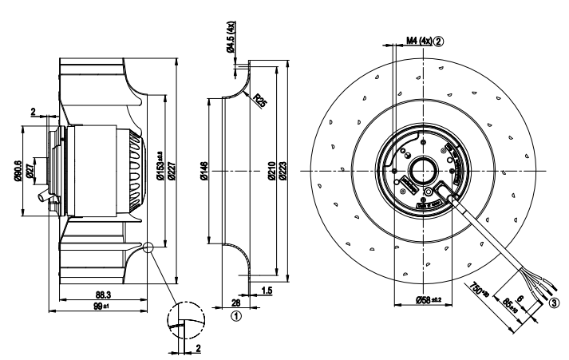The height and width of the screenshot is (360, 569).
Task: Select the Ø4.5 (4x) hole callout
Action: [x=231, y=38]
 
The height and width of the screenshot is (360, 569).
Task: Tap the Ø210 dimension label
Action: [x=271, y=172]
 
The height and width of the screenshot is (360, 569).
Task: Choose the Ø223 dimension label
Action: [x=283, y=172]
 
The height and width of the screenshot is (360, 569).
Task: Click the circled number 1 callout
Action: [x=237, y=316]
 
